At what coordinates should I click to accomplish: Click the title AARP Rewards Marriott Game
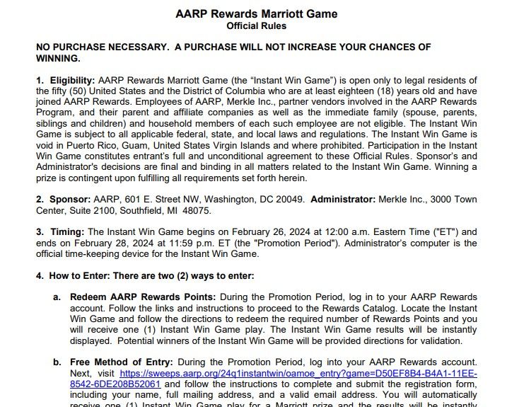click(256, 13)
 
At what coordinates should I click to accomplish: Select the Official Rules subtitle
click(256, 26)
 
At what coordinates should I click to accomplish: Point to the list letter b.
click(57, 361)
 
